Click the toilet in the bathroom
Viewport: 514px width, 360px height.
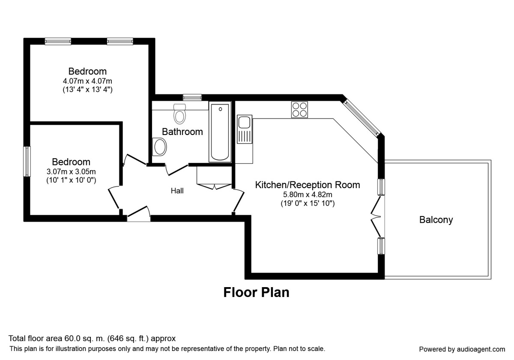click(x=179, y=113)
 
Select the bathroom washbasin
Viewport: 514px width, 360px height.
click(x=160, y=147)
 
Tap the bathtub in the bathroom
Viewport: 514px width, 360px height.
click(x=220, y=132)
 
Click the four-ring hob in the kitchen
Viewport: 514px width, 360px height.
click(x=299, y=109)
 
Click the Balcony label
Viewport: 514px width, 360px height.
click(x=436, y=220)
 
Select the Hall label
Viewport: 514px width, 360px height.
click(x=177, y=191)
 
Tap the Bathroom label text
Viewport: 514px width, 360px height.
click(x=182, y=132)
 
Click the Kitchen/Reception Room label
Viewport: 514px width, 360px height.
click(x=308, y=185)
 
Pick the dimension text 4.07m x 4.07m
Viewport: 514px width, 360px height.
click(x=88, y=81)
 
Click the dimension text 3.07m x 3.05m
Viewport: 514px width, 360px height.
click(x=71, y=171)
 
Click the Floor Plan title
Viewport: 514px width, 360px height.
click(x=256, y=293)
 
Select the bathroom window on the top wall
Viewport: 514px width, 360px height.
click(x=192, y=97)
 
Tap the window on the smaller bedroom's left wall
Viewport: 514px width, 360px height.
click(x=27, y=161)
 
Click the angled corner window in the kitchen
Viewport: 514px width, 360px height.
click(x=362, y=118)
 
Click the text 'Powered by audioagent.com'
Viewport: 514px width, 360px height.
click(x=462, y=349)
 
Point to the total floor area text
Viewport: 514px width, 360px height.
click(x=92, y=338)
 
